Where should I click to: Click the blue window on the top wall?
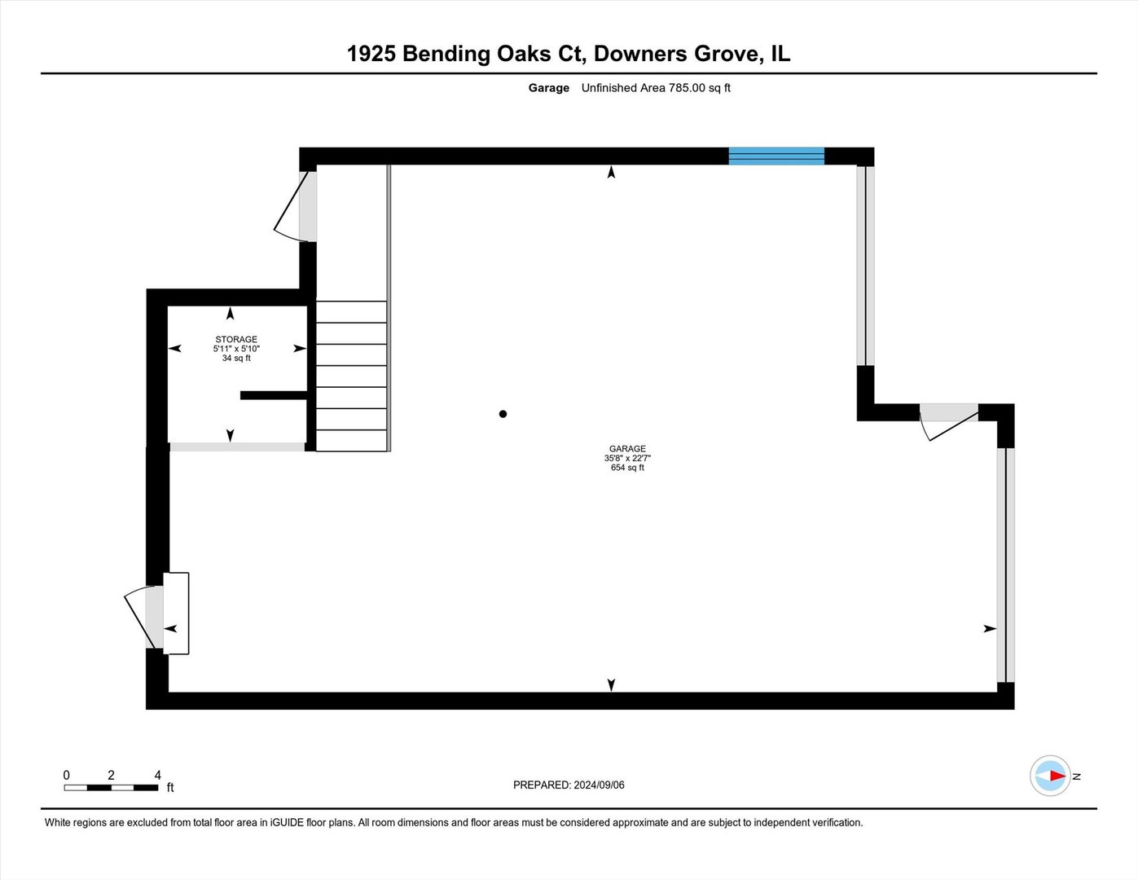coord(776,156)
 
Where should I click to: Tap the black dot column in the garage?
coord(503,414)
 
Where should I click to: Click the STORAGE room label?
coord(236,339)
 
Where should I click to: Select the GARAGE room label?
coord(627,449)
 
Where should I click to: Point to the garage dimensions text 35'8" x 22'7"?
coord(627,459)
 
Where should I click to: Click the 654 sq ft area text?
coord(627,468)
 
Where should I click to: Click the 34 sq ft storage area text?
coord(236,359)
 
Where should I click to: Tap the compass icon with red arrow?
coord(1051,776)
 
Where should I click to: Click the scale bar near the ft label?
coord(111,788)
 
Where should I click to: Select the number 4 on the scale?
coord(158,775)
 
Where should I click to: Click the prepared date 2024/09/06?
coord(599,785)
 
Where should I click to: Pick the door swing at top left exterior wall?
coord(292,208)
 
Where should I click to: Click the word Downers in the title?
coord(640,54)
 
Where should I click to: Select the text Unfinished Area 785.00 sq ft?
coord(656,88)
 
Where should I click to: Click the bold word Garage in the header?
coord(548,88)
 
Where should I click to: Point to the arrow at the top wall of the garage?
coord(611,172)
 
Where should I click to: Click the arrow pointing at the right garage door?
coord(989,628)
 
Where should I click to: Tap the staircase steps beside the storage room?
coord(351,376)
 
